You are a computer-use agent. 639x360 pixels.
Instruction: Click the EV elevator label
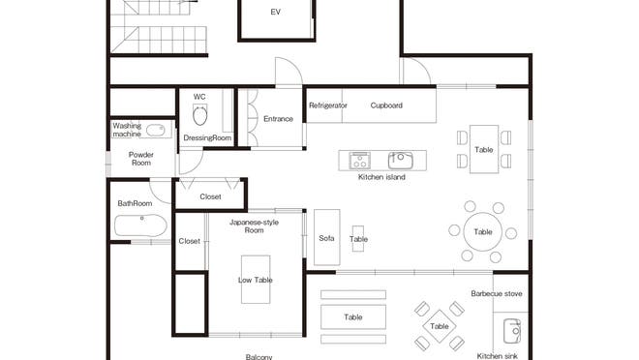pyautogui.click(x=276, y=13)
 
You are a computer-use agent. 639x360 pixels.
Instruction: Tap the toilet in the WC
pyautogui.click(x=199, y=115)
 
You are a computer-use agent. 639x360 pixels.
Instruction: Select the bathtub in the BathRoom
pyautogui.click(x=140, y=225)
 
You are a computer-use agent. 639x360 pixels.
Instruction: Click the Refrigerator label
pyautogui.click(x=327, y=105)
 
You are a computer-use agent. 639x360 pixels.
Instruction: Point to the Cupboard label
pyautogui.click(x=386, y=105)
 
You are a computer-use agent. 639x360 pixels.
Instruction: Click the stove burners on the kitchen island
pyautogui.click(x=360, y=160)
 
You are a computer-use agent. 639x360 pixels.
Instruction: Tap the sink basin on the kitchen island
pyautogui.click(x=400, y=160)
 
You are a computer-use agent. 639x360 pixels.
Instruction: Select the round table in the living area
pyautogui.click(x=483, y=231)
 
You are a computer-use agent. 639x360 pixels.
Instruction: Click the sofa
pyautogui.click(x=327, y=237)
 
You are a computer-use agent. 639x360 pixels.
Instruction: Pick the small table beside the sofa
pyautogui.click(x=358, y=239)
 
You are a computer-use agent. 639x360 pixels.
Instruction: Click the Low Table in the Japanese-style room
pyautogui.click(x=256, y=280)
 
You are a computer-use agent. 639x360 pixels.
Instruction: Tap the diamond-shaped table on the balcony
pyautogui.click(x=440, y=326)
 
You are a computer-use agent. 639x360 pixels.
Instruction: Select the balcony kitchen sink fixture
pyautogui.click(x=512, y=331)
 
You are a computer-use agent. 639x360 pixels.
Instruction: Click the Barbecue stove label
pyautogui.click(x=497, y=293)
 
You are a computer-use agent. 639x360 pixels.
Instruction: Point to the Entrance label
pyautogui.click(x=278, y=119)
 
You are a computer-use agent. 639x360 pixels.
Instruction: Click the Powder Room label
pyautogui.click(x=141, y=159)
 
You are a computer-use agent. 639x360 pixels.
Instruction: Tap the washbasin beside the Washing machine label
pyautogui.click(x=155, y=131)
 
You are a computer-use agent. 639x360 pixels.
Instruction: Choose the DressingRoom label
pyautogui.click(x=207, y=137)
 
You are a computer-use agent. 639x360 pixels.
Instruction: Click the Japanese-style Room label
pyautogui.click(x=254, y=226)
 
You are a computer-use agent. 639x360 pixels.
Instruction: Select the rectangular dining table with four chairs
pyautogui.click(x=484, y=149)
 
